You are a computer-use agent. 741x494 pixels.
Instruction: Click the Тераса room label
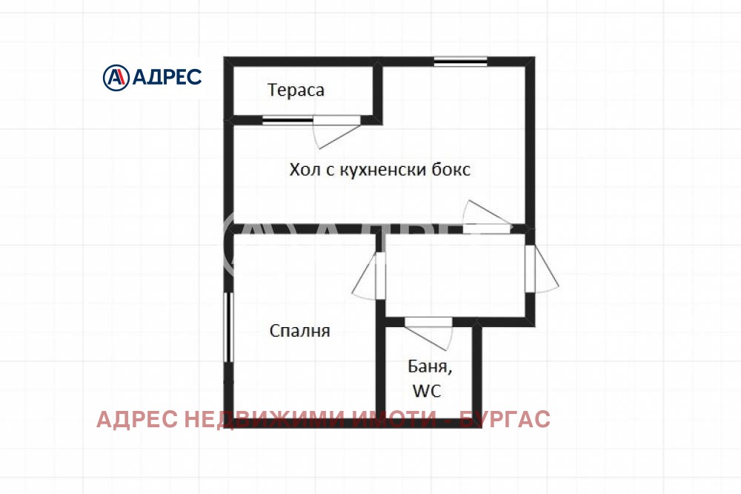click(296, 90)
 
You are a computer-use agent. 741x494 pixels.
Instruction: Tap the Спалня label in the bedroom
click(299, 331)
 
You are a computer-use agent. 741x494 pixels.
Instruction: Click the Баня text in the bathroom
click(429, 366)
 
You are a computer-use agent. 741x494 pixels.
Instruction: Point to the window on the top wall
click(460, 61)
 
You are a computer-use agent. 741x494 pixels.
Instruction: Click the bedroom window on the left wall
click(228, 327)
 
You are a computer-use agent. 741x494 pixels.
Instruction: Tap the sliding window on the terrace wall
click(287, 119)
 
